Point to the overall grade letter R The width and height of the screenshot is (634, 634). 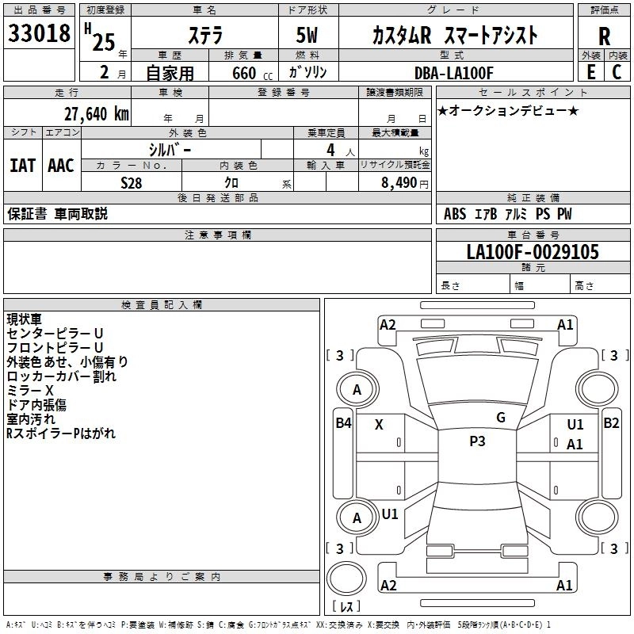click(604, 36)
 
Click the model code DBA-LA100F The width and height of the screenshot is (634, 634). click(453, 73)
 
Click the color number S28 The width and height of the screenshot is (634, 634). click(132, 181)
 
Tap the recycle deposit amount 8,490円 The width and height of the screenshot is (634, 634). click(404, 182)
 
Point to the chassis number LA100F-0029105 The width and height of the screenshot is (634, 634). click(533, 252)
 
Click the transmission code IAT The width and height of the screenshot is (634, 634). click(22, 166)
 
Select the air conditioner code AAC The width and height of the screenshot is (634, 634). click(61, 166)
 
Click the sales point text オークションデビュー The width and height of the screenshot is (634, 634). click(508, 110)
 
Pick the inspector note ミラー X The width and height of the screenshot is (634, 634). click(30, 390)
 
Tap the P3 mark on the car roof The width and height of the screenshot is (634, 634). click(477, 441)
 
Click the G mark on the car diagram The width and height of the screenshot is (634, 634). click(500, 418)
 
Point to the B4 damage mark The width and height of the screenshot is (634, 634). click(342, 423)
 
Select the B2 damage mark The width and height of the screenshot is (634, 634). click(611, 423)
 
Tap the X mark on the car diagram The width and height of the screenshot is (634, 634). click(379, 425)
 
